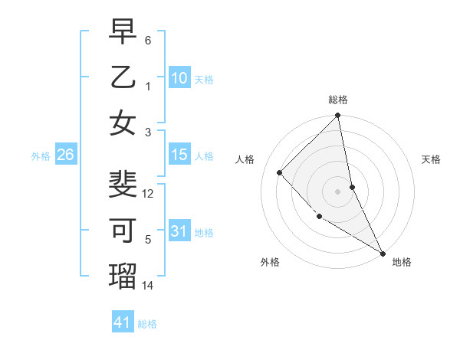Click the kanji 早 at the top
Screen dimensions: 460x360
click(123, 31)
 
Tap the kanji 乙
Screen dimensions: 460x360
click(123, 77)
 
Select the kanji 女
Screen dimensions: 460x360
click(123, 123)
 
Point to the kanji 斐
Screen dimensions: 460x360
click(123, 185)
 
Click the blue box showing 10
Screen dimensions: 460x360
click(179, 77)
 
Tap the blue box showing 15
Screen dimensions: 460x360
click(179, 155)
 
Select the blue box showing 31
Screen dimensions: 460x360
click(179, 231)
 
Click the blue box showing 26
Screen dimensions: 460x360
click(65, 155)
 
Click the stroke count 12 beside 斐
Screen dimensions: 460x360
click(149, 193)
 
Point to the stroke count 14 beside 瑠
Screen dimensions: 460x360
click(149, 286)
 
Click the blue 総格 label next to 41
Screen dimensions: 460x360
click(147, 324)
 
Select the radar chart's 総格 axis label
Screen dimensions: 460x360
click(337, 100)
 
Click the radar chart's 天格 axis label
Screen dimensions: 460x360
click(432, 159)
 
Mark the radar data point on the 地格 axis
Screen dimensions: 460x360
click(382, 253)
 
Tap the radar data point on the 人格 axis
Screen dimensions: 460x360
click(280, 172)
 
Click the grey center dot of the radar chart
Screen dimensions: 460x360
click(337, 191)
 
